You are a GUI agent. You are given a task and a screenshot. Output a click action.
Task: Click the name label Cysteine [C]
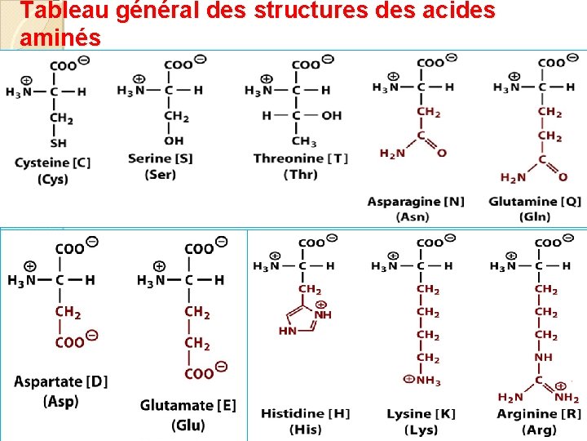coord(52,163)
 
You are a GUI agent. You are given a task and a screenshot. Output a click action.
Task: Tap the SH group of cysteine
coord(59,143)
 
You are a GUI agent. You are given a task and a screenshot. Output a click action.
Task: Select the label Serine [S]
coord(160,158)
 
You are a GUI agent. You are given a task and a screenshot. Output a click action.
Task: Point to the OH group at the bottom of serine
coord(174,140)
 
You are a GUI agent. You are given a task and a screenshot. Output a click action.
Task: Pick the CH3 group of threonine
coord(305,142)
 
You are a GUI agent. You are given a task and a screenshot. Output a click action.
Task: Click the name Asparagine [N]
coord(416,202)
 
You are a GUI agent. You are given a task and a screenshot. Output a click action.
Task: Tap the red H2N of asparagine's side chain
coord(394,153)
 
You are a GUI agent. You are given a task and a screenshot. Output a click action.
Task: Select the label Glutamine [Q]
coord(535,202)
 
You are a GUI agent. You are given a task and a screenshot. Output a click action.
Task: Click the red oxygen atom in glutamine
coord(563,176)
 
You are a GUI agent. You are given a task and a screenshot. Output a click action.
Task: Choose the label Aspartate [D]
coord(61,381)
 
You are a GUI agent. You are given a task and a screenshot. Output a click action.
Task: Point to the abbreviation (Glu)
coord(188,425)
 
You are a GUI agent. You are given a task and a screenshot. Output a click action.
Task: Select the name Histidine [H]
coord(305,413)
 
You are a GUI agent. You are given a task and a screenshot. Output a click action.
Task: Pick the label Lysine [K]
coord(421,413)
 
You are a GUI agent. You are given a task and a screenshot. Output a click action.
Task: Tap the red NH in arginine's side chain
coord(544,358)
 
